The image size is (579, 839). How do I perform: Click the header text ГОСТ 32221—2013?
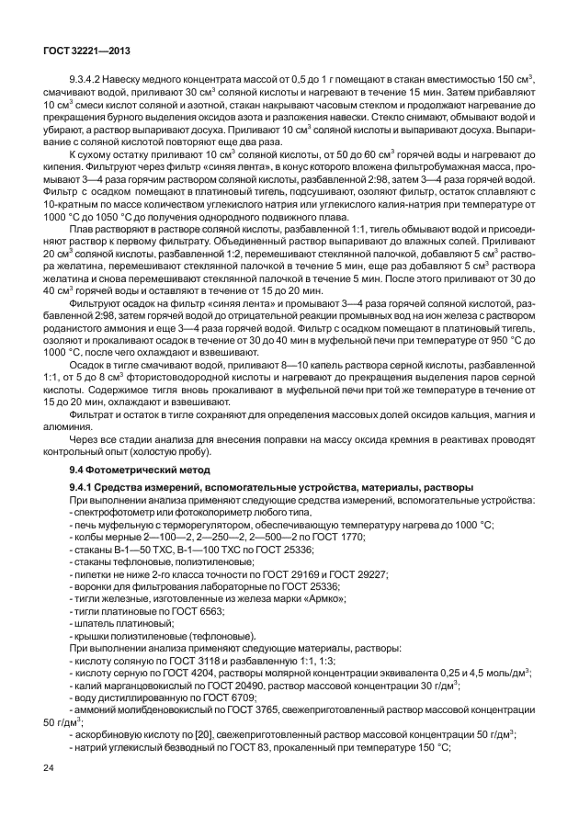pos(82,47)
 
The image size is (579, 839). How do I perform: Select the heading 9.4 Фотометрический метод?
pos(128,470)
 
